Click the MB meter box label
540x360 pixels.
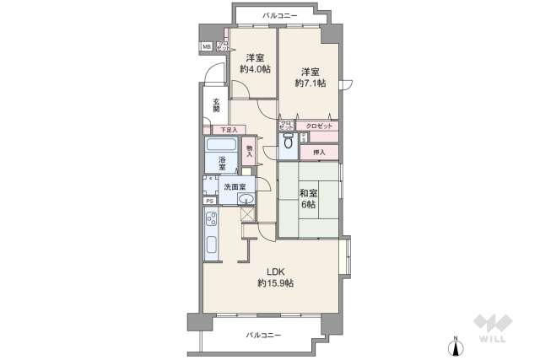pos(206,46)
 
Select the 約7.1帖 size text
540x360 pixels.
pos(310,83)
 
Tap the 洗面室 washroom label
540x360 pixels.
pos(235,186)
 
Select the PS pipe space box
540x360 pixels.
pos(208,201)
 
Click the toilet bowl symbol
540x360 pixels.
pos(288,143)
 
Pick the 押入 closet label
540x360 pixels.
pos(319,152)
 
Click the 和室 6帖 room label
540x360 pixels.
pos(307,199)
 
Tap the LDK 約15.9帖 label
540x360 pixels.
pos(276,277)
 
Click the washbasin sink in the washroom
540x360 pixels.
pos(245,199)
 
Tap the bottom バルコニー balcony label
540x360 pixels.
pos(263,335)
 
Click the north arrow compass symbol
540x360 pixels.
pos(456,345)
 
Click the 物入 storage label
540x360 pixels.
pos(249,153)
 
